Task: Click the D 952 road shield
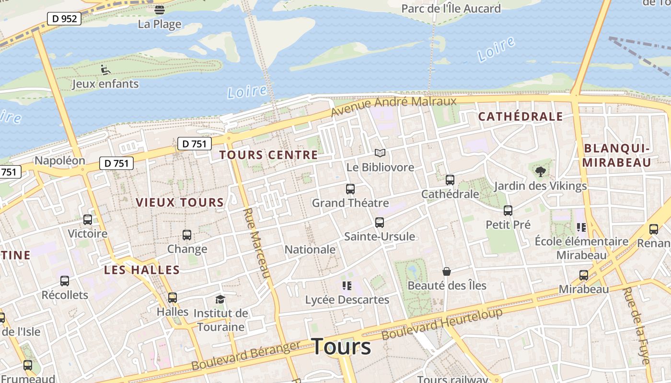pyautogui.click(x=64, y=19)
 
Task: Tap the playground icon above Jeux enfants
pyautogui.click(x=105, y=70)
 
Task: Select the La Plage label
pyautogui.click(x=160, y=24)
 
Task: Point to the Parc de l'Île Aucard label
pyautogui.click(x=451, y=9)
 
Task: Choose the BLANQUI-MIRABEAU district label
pyautogui.click(x=616, y=155)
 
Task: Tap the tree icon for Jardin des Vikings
pyautogui.click(x=540, y=172)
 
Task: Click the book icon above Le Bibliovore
pyautogui.click(x=380, y=153)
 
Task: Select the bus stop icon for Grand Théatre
pyautogui.click(x=350, y=189)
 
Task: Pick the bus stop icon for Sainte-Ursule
pyautogui.click(x=380, y=223)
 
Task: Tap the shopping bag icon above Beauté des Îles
pyautogui.click(x=447, y=271)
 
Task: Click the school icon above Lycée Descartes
pyautogui.click(x=347, y=286)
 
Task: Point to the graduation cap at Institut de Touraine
pyautogui.click(x=220, y=300)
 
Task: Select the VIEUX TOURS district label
pyautogui.click(x=180, y=203)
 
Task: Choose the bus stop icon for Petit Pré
pyautogui.click(x=508, y=211)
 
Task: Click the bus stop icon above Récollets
pyautogui.click(x=65, y=281)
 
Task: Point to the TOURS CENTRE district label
pyautogui.click(x=268, y=155)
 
